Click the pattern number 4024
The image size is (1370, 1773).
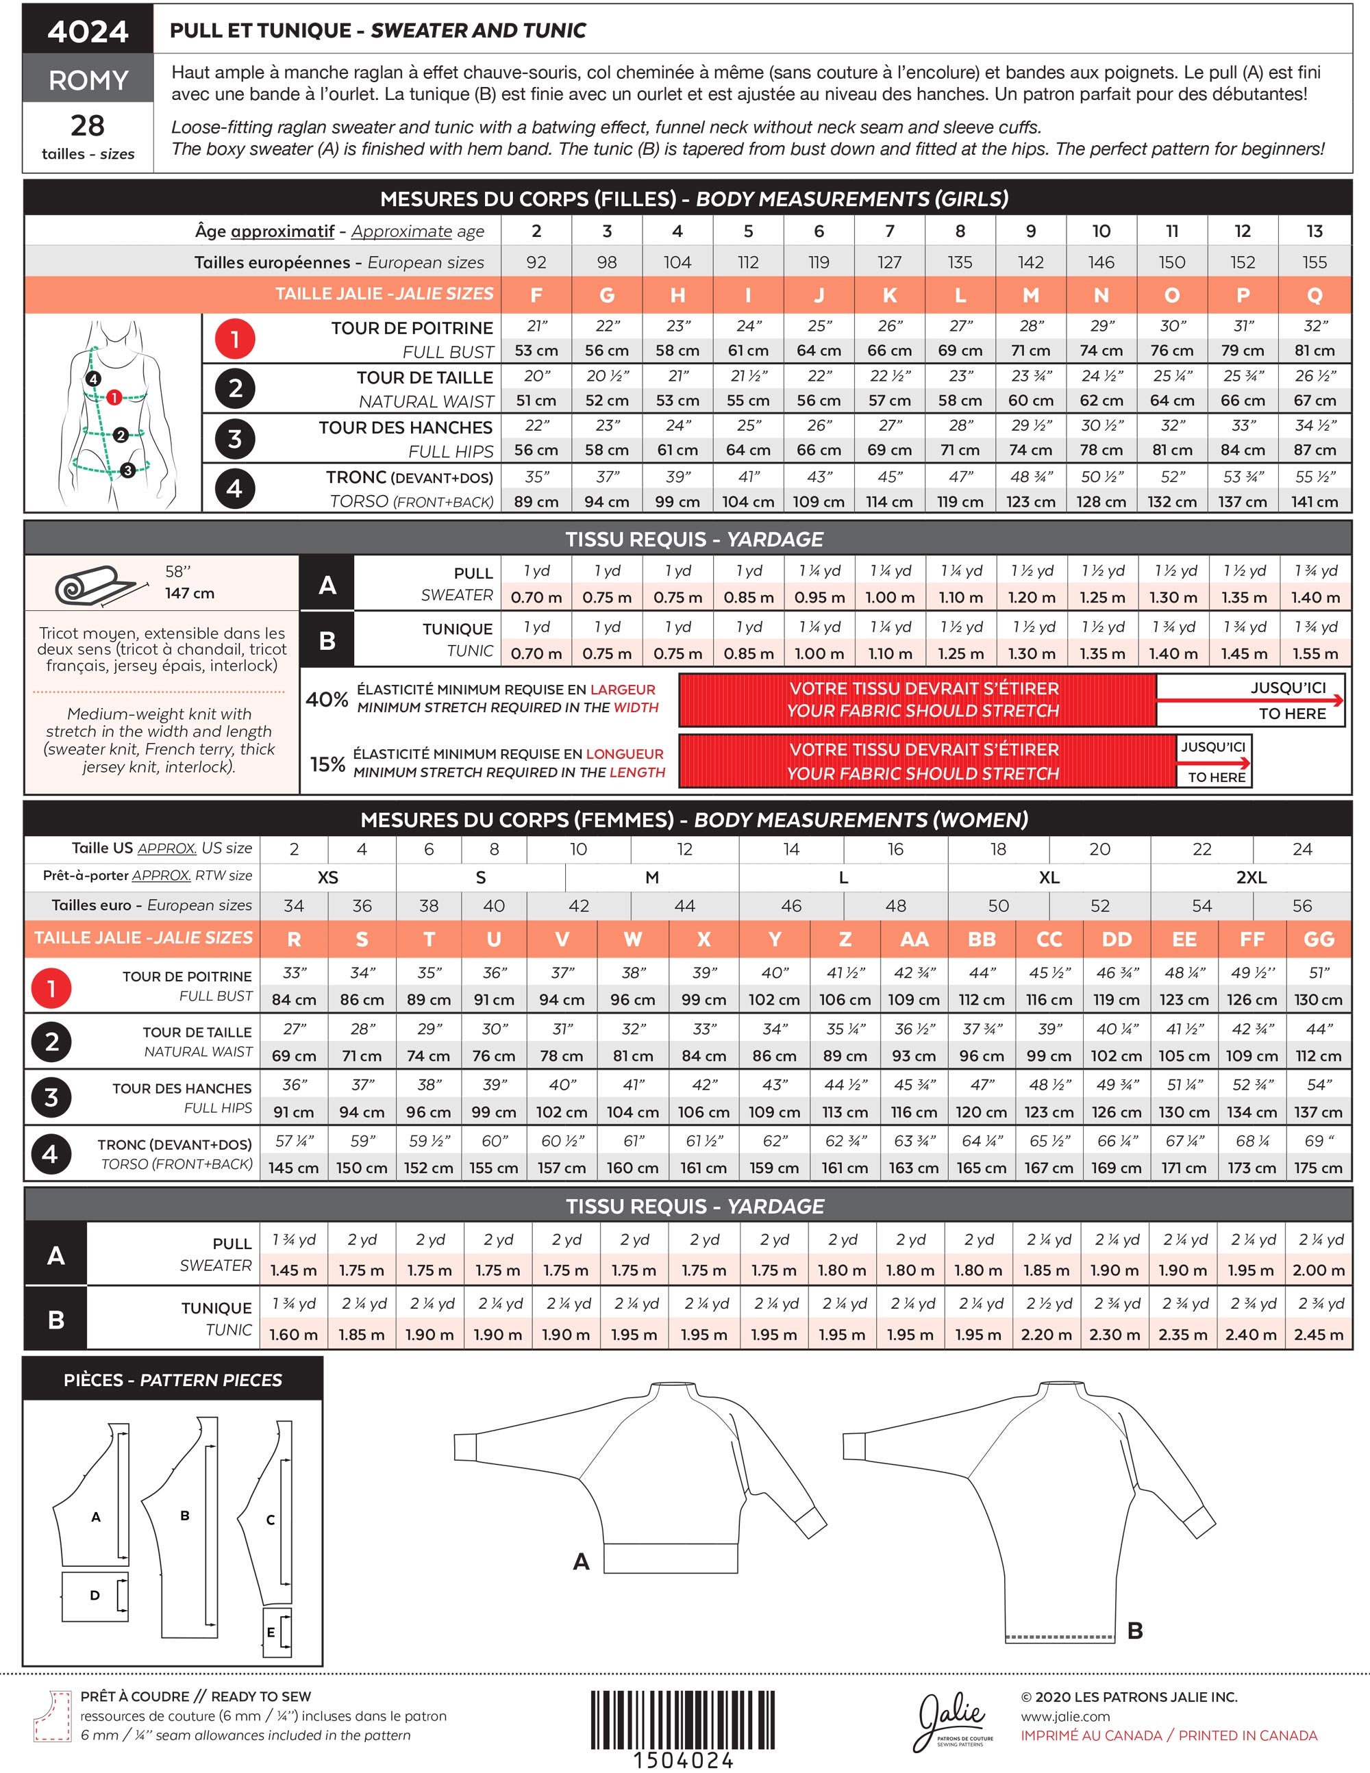pyautogui.click(x=88, y=31)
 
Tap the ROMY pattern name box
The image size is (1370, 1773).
pyautogui.click(x=88, y=79)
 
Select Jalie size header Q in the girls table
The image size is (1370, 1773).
pyautogui.click(x=1315, y=294)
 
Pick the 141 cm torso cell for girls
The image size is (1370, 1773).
pyautogui.click(x=1315, y=502)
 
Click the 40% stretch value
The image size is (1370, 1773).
pyautogui.click(x=327, y=699)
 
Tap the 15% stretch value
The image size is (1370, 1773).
pyautogui.click(x=327, y=764)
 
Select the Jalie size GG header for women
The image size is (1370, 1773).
pyautogui.click(x=1319, y=940)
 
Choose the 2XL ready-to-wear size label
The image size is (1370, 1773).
pyautogui.click(x=1251, y=877)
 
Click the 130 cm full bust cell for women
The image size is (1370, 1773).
pyautogui.click(x=1319, y=1000)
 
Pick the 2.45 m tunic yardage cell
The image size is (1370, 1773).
pyautogui.click(x=1319, y=1335)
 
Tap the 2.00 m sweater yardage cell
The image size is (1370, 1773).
pyautogui.click(x=1319, y=1270)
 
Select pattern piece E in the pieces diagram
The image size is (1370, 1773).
pyautogui.click(x=277, y=1633)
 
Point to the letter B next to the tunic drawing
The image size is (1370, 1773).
pyautogui.click(x=1135, y=1630)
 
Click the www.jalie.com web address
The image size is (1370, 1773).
pyautogui.click(x=1065, y=1717)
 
